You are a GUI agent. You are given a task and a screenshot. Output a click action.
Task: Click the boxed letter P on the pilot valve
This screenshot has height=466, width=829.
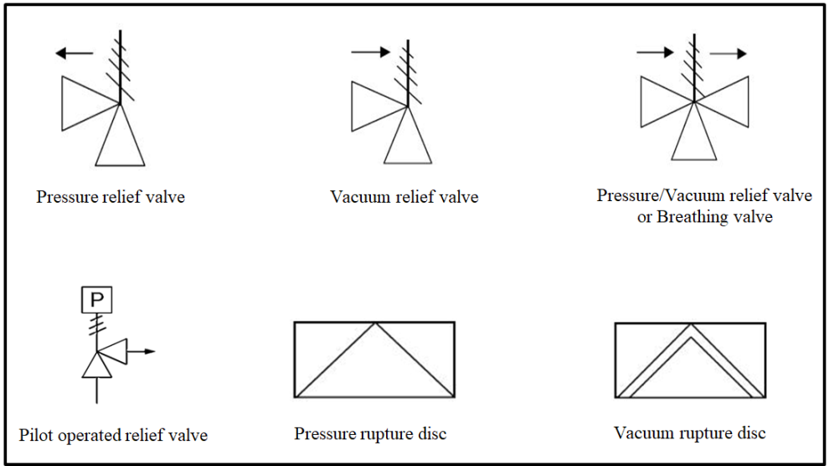click(97, 300)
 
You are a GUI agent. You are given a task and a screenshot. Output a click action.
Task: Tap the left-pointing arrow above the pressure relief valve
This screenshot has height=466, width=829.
click(74, 53)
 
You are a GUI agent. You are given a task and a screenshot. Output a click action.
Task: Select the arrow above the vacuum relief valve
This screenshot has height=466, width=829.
click(371, 52)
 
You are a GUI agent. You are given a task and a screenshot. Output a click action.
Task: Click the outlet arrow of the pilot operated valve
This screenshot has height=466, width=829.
click(142, 351)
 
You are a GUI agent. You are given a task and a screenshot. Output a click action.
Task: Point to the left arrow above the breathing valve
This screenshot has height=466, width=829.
click(655, 52)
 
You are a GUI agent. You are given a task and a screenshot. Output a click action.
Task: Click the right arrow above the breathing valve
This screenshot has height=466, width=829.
click(728, 54)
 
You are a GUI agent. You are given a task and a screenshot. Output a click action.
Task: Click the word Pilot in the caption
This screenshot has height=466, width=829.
click(36, 435)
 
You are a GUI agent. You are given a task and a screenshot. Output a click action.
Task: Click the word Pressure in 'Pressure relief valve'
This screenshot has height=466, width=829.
click(68, 197)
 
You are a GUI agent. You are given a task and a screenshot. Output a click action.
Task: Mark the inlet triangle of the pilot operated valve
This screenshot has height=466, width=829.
click(97, 365)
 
